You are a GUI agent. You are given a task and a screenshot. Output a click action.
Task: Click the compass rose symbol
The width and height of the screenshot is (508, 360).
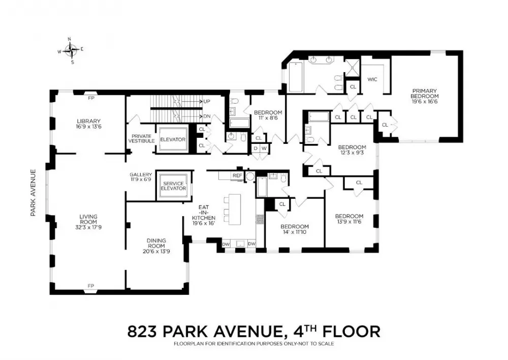[71, 50]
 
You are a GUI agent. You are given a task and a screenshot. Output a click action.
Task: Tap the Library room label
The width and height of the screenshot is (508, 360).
[89, 122]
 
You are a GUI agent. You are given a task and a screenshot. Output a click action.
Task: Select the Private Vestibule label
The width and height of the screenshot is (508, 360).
[141, 138]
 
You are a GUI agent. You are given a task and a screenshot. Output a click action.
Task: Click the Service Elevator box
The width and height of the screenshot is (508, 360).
[174, 186]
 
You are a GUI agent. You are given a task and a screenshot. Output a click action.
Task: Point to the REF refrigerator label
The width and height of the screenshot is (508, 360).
[237, 175]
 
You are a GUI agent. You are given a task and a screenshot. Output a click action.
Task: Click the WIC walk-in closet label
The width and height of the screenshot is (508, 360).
[372, 79]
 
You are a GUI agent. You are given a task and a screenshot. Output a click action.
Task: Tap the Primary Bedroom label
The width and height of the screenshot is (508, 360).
[424, 94]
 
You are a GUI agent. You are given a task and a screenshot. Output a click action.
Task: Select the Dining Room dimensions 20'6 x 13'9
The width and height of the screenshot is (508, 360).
[156, 251]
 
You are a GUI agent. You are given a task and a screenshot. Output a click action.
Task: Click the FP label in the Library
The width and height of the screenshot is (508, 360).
[91, 97]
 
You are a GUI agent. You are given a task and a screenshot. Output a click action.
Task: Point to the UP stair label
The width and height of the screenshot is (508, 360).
[207, 102]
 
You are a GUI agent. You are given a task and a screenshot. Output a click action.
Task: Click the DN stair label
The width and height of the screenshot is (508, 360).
[207, 116]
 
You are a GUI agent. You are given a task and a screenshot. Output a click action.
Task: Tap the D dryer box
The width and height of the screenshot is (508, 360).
[256, 148]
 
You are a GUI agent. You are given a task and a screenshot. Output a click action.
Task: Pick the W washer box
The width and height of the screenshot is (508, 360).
[264, 148]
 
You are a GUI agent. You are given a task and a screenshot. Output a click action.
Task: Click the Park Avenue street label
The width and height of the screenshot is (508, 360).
[33, 193]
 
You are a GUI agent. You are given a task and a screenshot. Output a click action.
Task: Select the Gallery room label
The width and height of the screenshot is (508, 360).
[141, 174]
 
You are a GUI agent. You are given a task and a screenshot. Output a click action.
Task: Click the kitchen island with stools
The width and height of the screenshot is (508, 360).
[232, 209]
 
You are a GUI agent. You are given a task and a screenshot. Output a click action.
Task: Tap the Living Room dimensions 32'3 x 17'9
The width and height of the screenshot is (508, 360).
[88, 227]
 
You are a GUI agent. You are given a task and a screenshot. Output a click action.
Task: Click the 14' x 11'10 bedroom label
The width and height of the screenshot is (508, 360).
[295, 232]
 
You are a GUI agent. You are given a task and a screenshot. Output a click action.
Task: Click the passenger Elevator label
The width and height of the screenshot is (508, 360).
[173, 139]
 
